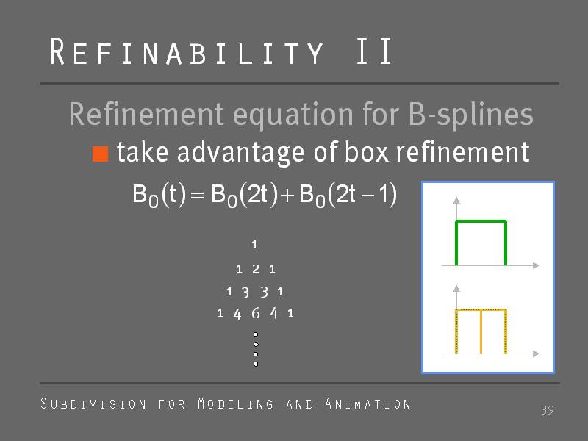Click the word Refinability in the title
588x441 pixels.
tap(187, 51)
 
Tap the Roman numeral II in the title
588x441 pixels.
tap(373, 51)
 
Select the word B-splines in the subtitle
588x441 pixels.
tap(470, 114)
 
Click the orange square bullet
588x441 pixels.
tap(101, 154)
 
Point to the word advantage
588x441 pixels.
tap(240, 153)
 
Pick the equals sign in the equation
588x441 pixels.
tap(197, 196)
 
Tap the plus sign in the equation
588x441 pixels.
tap(287, 196)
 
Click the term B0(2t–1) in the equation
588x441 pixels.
tap(348, 195)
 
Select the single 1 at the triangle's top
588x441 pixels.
tap(254, 245)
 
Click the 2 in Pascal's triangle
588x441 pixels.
tap(256, 268)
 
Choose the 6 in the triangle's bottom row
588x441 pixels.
tap(256, 313)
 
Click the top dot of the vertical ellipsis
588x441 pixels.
tap(256, 334)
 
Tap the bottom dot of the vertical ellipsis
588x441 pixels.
tap(256, 364)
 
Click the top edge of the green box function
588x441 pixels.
tap(481, 222)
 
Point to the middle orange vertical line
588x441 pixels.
tap(481, 331)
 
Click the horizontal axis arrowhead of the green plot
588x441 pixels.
tap(537, 265)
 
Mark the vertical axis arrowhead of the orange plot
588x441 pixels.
tap(456, 288)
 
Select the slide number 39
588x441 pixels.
tap(548, 410)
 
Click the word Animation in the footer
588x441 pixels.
tap(368, 404)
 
